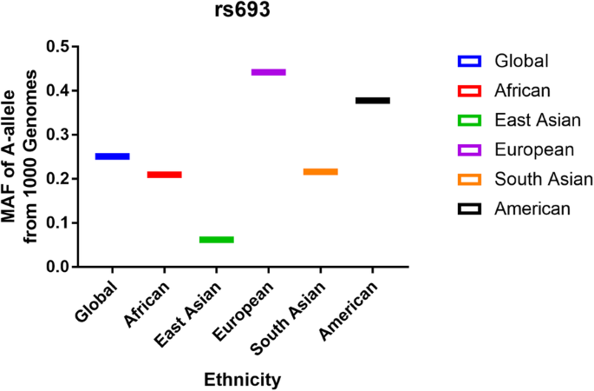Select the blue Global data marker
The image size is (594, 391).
pos(113,156)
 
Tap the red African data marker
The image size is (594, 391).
pos(165,175)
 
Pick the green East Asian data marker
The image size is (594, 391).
pos(217,239)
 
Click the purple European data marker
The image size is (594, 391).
pos(269,72)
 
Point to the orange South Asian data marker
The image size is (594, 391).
pos(321,172)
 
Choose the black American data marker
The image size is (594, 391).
pos(373,101)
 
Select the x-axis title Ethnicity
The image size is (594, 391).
pos(242,380)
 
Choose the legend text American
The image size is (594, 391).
pos(532,209)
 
